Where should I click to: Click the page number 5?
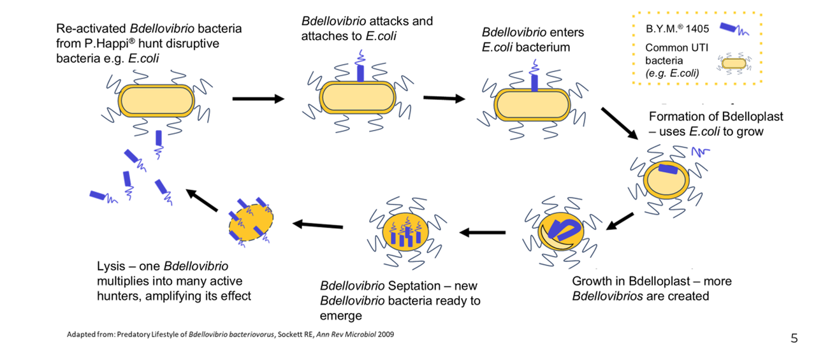coord(794,338)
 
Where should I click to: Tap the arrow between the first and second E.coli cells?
coord(258,99)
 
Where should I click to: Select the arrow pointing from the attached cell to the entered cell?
coord(444,98)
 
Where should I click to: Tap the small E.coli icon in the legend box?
coord(734,63)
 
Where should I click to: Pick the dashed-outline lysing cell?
coord(251,223)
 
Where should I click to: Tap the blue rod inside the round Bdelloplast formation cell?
coord(669,169)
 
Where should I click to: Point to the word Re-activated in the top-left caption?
coord(91,29)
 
